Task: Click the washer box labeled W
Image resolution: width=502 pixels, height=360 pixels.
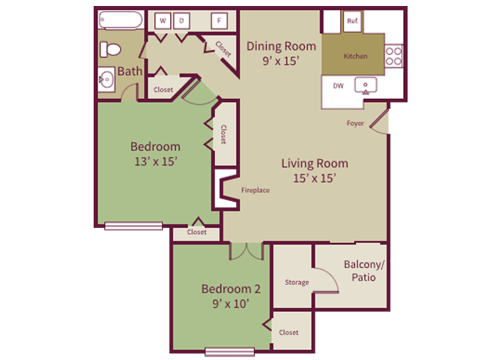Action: tap(162, 21)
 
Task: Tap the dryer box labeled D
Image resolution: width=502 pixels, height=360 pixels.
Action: tap(181, 21)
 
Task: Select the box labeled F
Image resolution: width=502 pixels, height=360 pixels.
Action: tap(220, 21)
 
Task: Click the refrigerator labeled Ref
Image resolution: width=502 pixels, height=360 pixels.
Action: tap(353, 22)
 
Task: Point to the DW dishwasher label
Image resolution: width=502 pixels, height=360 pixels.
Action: tap(339, 85)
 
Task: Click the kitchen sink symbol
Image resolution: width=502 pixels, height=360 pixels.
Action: tap(368, 85)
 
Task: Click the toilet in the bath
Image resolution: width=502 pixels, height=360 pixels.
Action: tap(111, 49)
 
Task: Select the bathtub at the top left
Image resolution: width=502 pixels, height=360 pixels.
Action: tap(118, 19)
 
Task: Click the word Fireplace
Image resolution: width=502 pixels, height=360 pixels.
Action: tap(255, 190)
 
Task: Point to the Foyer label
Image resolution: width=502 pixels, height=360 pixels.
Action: tap(355, 123)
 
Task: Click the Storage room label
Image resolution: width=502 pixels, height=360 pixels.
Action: tap(297, 283)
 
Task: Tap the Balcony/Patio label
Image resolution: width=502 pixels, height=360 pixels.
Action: tap(363, 271)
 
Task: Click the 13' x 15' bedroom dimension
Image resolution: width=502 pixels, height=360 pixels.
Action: tap(155, 160)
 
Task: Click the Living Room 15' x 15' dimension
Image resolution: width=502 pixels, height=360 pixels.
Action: tap(315, 178)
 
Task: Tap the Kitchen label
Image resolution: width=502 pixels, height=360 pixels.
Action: tap(354, 56)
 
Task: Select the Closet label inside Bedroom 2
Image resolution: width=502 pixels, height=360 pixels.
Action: tap(288, 333)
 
